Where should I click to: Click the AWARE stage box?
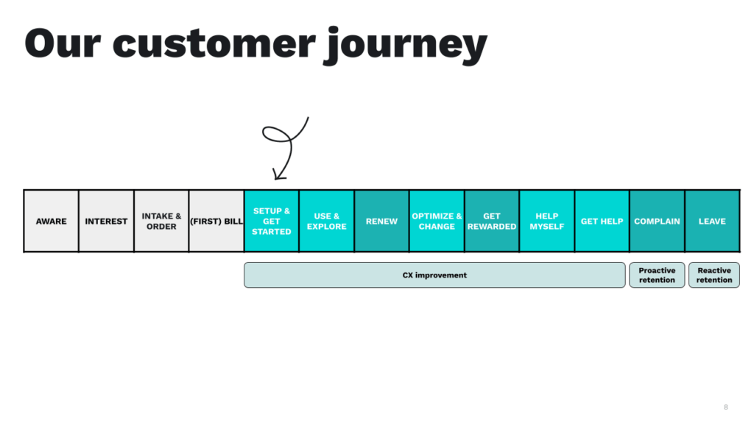[x=52, y=221]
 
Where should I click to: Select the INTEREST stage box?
[x=106, y=221]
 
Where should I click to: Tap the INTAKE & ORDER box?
[x=161, y=221]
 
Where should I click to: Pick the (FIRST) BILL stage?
[x=216, y=221]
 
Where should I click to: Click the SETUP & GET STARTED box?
[x=272, y=221]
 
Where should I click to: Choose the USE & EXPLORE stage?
[x=327, y=221]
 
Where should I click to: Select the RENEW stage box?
[x=381, y=221]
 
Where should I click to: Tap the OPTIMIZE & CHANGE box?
[x=437, y=221]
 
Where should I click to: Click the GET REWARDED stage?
[x=492, y=221]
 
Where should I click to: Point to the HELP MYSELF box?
[x=547, y=221]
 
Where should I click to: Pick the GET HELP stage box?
[x=602, y=221]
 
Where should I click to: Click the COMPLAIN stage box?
[x=657, y=221]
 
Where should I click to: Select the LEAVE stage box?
[x=712, y=221]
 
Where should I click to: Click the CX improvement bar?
[x=434, y=275]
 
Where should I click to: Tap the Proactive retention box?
[x=657, y=275]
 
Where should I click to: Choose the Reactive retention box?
[x=714, y=275]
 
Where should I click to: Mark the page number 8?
[x=726, y=407]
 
